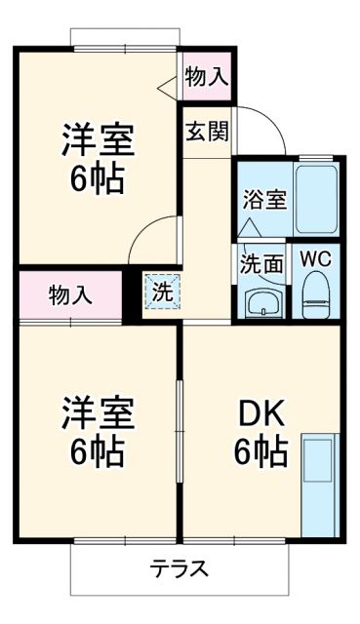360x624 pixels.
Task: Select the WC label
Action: coord(314,260)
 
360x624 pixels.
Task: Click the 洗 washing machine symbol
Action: coord(162,291)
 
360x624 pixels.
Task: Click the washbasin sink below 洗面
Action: coord(260,302)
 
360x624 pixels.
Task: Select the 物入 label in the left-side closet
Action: coord(71,293)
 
